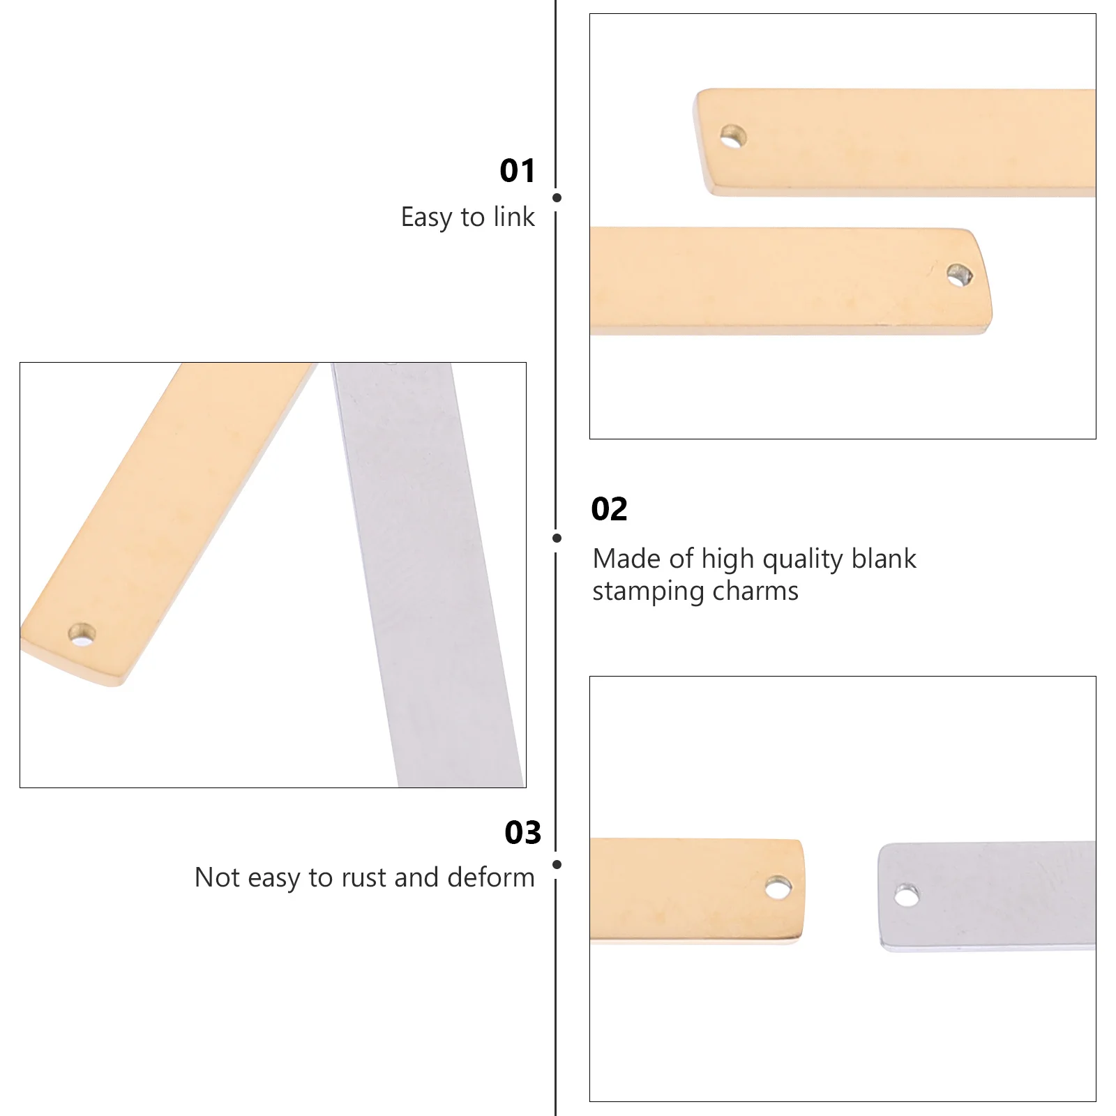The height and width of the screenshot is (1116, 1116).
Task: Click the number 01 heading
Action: (518, 171)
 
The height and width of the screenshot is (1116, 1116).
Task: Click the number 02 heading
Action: (609, 509)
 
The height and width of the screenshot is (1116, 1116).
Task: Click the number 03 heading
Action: (522, 833)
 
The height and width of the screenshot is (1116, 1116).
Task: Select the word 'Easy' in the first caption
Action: (426, 218)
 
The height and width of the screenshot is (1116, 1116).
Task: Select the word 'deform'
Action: (491, 877)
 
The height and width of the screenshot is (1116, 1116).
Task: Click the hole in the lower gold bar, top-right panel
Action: (960, 275)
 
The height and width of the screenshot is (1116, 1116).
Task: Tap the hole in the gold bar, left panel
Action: (82, 635)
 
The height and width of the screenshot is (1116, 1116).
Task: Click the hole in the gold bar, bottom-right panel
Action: (778, 888)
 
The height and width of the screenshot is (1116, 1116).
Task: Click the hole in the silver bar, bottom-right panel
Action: (907, 895)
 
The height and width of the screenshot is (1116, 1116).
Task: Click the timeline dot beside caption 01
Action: (557, 198)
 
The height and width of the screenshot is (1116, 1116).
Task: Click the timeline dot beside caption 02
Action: (557, 538)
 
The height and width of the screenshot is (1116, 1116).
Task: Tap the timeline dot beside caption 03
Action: (557, 864)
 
